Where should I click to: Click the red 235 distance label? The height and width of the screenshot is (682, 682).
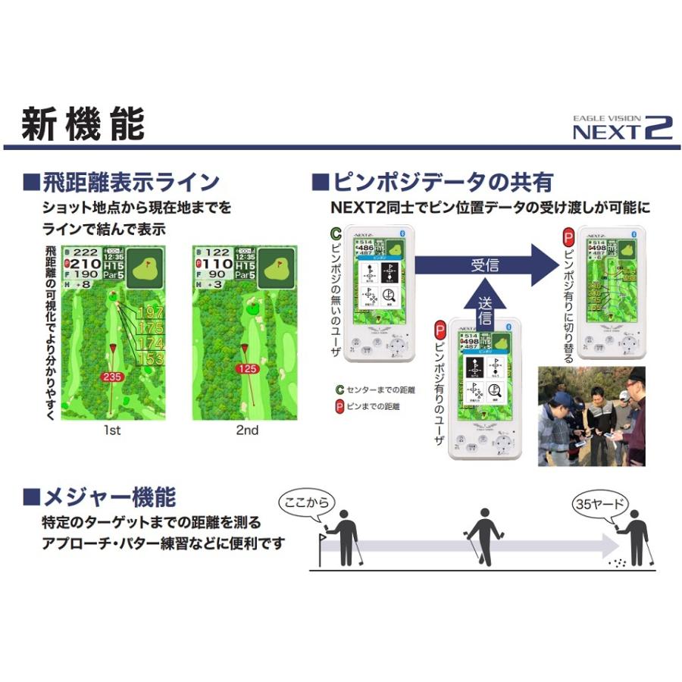point(111,376)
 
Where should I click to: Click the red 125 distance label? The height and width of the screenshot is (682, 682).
point(247,370)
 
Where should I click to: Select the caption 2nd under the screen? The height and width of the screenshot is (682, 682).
point(247,430)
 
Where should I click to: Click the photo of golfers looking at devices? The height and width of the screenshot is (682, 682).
point(591,416)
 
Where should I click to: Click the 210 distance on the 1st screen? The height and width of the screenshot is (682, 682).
point(86,264)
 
